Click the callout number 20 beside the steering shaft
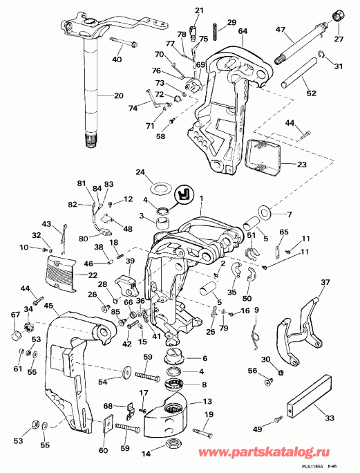click(117, 95)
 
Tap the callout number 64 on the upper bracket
click(243, 31)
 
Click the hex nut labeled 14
click(172, 445)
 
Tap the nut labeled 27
click(339, 15)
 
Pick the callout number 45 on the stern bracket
click(48, 306)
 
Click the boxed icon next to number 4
click(184, 194)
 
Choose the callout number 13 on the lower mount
click(208, 401)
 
